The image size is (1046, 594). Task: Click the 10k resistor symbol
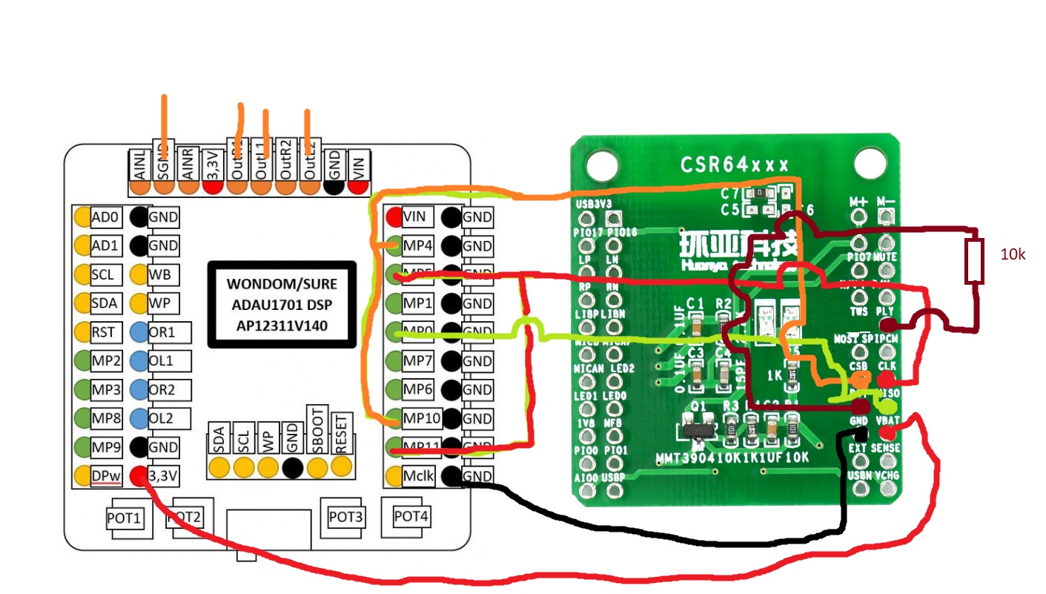coord(973,262)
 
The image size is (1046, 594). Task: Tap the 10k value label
coord(1012,254)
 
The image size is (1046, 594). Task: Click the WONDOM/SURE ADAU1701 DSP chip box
coord(282,304)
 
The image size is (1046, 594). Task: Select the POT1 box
coord(125,517)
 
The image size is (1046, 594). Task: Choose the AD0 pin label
coord(105,217)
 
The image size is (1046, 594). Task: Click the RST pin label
coord(103,332)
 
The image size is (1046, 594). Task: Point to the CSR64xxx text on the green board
coord(734,164)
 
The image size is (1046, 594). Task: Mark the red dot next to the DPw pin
coord(137,476)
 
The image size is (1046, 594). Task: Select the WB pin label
coord(159,274)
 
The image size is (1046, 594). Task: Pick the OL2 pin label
coord(161,419)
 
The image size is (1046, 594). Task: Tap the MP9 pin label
coord(105,447)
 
